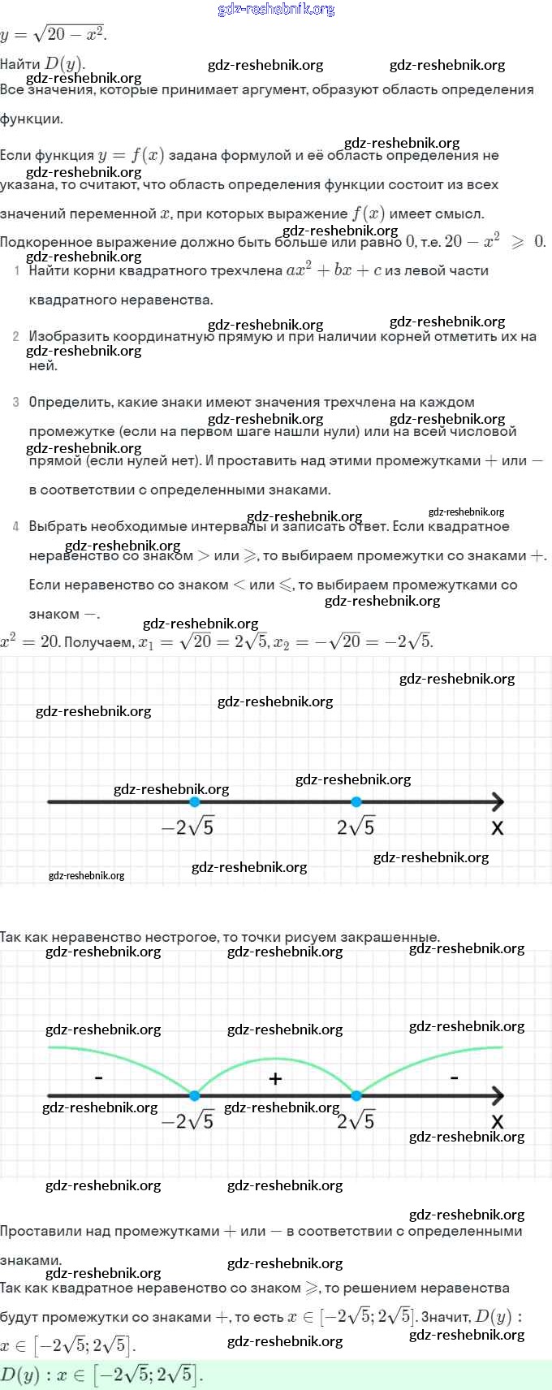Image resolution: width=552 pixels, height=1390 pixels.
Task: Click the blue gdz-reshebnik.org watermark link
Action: pyautogui.click(x=276, y=10)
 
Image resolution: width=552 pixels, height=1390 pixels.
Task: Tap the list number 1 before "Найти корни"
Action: pyautogui.click(x=17, y=270)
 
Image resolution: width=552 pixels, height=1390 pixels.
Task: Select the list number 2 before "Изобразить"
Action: pyautogui.click(x=16, y=336)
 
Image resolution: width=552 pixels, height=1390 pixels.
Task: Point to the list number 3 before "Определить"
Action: pyautogui.click(x=16, y=402)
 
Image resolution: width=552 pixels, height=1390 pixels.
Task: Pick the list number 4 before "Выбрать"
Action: pyautogui.click(x=16, y=526)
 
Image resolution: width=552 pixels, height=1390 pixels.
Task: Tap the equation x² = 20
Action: pyautogui.click(x=29, y=641)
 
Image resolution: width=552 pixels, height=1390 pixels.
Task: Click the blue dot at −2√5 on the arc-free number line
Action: pyautogui.click(x=194, y=802)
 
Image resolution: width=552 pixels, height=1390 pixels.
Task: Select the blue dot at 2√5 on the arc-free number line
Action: pyautogui.click(x=356, y=802)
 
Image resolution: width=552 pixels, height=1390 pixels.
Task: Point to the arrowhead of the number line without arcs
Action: pyautogui.click(x=497, y=802)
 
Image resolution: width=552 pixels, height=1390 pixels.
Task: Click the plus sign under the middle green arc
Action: pyautogui.click(x=275, y=1078)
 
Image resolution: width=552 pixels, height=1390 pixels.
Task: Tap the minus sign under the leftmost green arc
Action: pyautogui.click(x=98, y=1078)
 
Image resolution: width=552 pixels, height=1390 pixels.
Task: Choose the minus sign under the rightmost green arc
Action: pyautogui.click(x=454, y=1078)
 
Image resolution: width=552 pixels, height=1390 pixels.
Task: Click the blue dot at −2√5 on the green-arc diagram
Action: pyautogui.click(x=194, y=1096)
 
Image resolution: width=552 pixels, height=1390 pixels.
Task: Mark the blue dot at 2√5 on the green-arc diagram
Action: pyautogui.click(x=356, y=1096)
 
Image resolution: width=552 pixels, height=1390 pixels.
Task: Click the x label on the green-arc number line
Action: pyautogui.click(x=498, y=1121)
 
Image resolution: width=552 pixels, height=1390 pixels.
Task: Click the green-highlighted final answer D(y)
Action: pyautogui.click(x=101, y=1375)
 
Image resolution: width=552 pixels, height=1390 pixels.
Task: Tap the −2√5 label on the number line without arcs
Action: pyautogui.click(x=188, y=827)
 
